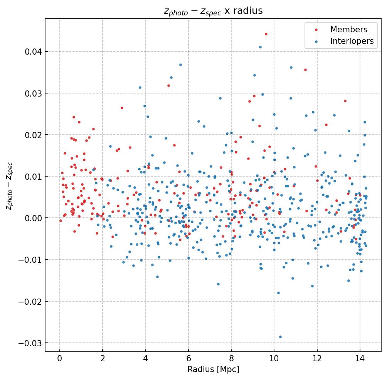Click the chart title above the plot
coord(213,11)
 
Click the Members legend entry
coord(348,30)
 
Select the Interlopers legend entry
coord(352,42)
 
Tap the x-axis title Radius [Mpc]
coord(213,369)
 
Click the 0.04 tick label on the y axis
coord(33,52)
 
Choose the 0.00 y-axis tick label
coord(33,218)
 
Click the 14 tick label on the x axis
coord(360,359)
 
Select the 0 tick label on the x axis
coord(59,359)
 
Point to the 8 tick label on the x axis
coord(231,359)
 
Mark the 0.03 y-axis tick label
coord(33,93)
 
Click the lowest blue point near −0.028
coord(280,337)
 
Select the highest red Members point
coord(266,34)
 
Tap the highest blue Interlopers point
coord(260,47)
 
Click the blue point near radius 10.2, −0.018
coord(278,293)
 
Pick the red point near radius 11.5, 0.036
coord(305,70)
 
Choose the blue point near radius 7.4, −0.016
coord(218,284)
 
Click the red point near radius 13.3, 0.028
coord(345,101)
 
